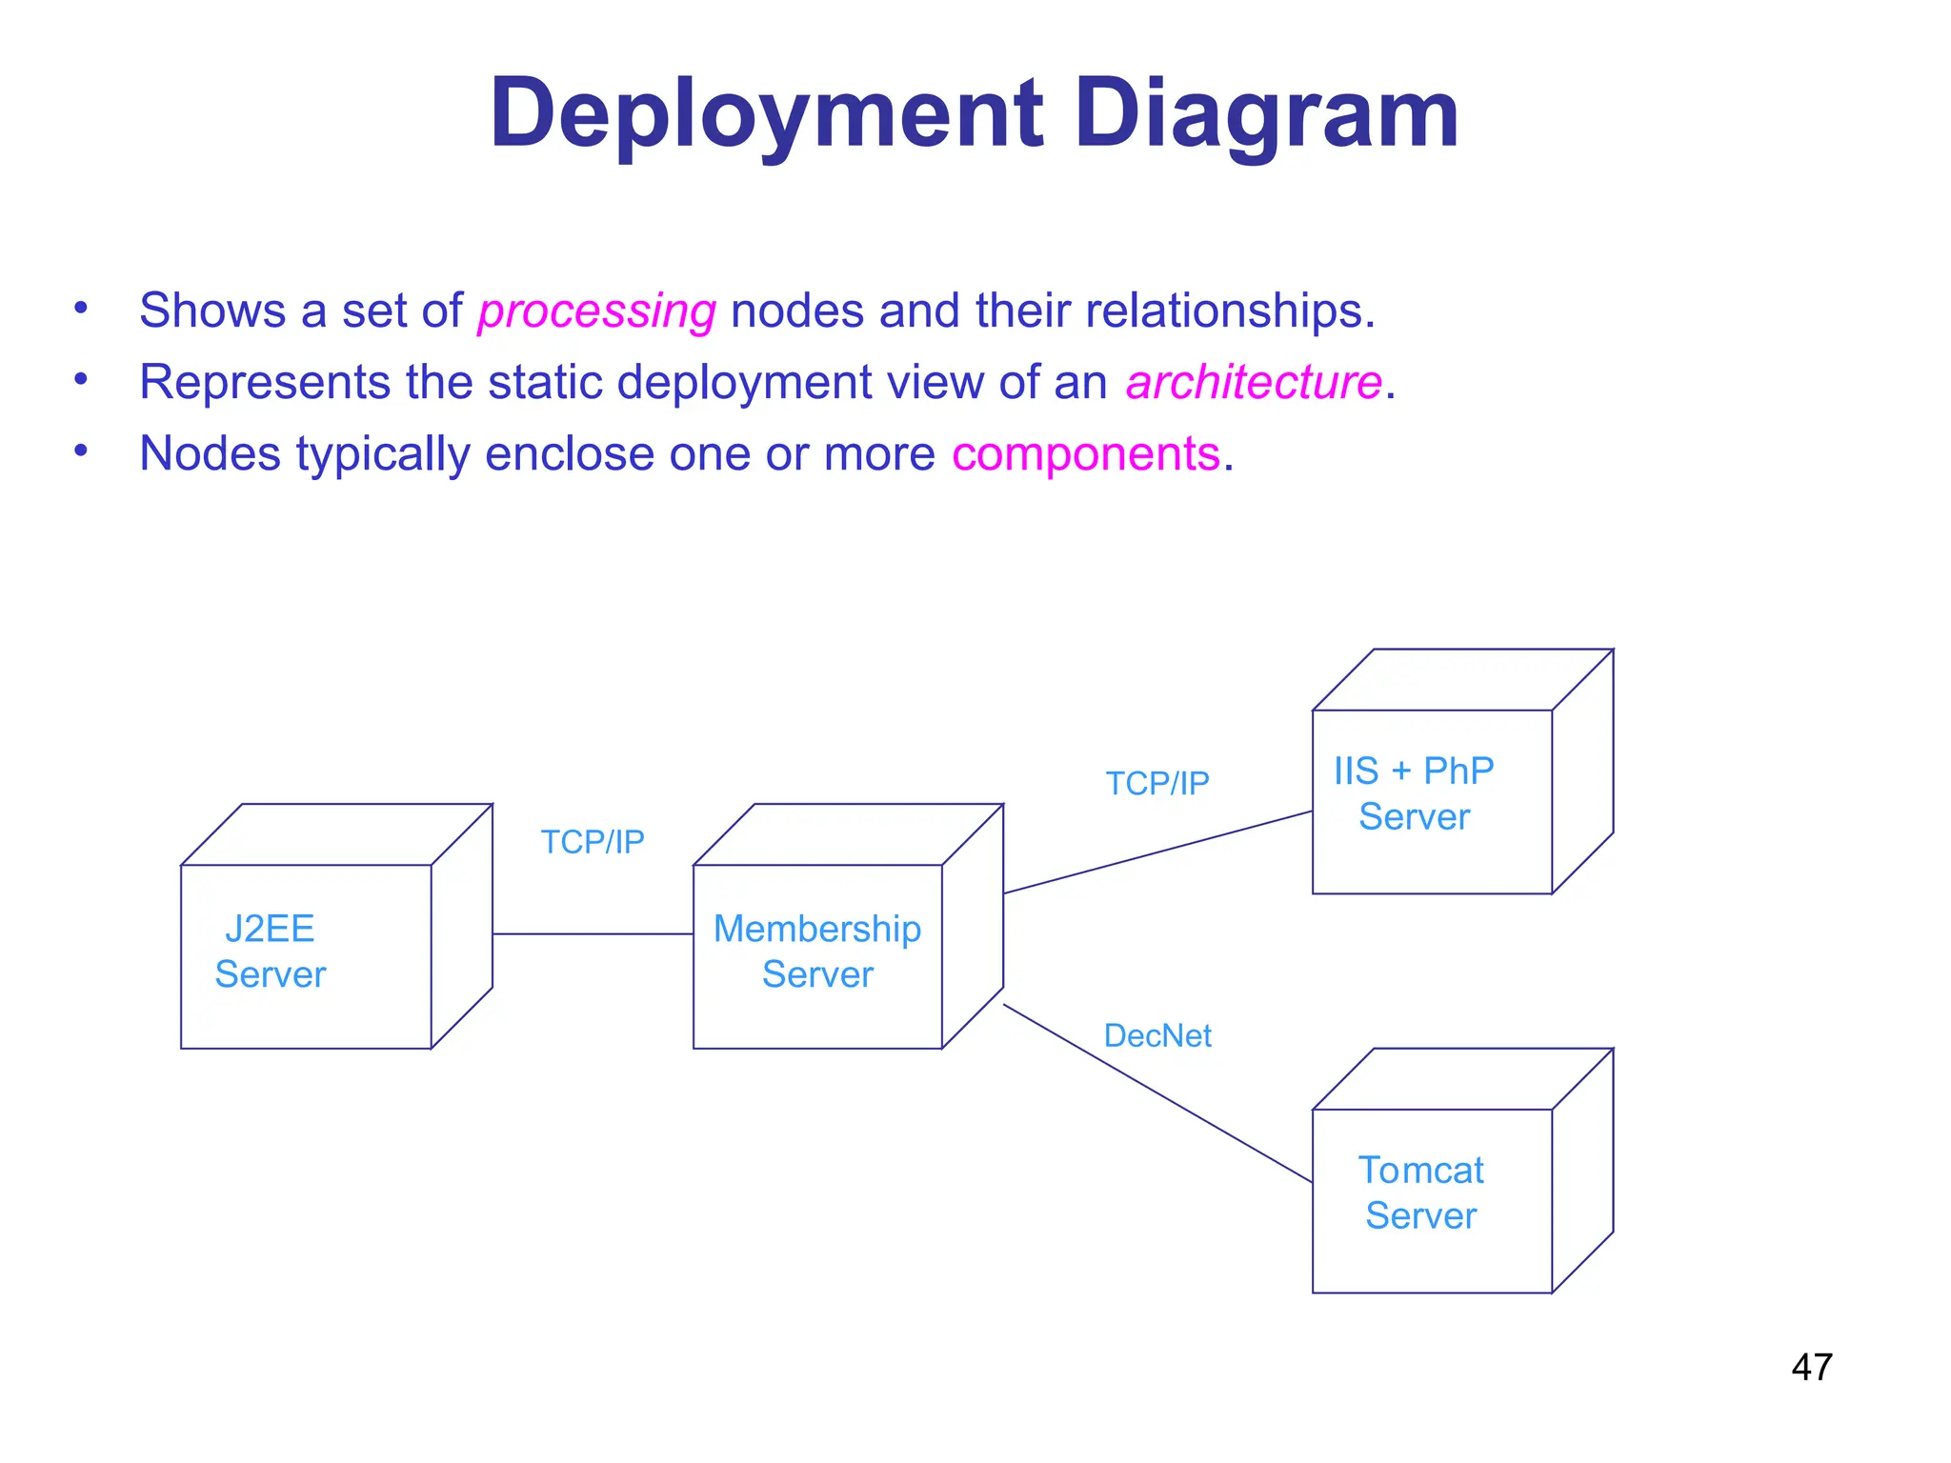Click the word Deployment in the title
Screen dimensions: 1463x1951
pos(767,114)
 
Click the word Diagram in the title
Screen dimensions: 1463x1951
pos(1266,114)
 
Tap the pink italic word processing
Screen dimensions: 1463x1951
pos(596,311)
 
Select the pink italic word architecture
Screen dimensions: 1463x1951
pos(1254,383)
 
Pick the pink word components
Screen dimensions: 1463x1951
pos(1086,453)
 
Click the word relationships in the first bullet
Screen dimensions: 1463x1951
pos(1229,311)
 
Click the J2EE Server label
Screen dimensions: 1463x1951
pos(271,951)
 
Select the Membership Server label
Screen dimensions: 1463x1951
pos(817,951)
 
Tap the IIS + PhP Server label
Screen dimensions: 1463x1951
pos(1414,793)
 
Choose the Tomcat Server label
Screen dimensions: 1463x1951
pos(1420,1192)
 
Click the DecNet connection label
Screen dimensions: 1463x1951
pos(1157,1035)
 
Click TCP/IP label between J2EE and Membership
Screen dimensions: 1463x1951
pos(593,842)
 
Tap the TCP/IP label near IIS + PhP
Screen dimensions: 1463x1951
pos(1157,783)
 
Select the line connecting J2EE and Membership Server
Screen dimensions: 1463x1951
pos(593,934)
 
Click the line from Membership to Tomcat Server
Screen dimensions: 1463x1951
pos(1157,1093)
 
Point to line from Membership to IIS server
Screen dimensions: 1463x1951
pos(1157,852)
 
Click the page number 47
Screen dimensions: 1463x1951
pos(1811,1368)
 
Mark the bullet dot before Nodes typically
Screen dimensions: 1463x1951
pos(82,450)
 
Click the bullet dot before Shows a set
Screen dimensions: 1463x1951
pos(82,307)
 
